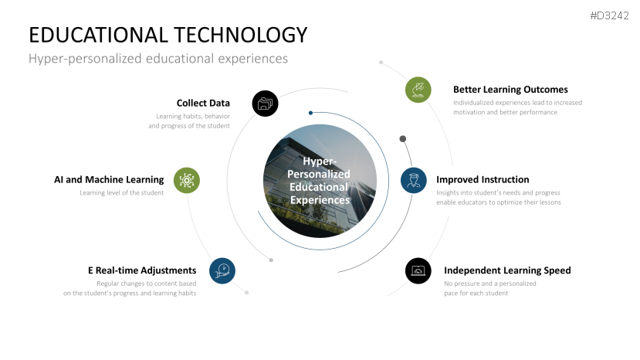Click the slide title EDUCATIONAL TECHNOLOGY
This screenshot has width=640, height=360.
[168, 35]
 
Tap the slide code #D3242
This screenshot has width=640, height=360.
[609, 15]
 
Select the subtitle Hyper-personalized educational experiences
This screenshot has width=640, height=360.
[158, 59]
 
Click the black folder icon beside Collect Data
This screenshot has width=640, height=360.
[266, 104]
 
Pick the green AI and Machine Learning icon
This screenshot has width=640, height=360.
[187, 180]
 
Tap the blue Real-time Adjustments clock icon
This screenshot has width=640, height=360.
[222, 270]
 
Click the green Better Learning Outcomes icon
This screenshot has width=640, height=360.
[418, 90]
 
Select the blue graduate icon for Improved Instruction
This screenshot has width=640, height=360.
[414, 180]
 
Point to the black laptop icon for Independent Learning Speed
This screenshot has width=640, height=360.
[418, 270]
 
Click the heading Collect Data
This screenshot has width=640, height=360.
[203, 103]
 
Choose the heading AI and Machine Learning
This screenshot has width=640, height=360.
[109, 180]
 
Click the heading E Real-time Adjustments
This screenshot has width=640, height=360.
[142, 270]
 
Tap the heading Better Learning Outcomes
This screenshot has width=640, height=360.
[510, 90]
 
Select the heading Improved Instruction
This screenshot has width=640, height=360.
[483, 180]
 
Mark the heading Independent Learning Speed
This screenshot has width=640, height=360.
[507, 270]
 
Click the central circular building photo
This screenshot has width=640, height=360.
[320, 181]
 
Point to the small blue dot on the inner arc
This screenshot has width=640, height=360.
[310, 113]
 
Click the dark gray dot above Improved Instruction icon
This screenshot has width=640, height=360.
[403, 139]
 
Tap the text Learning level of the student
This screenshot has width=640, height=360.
[122, 193]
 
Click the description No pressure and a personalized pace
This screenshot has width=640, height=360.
[490, 288]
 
